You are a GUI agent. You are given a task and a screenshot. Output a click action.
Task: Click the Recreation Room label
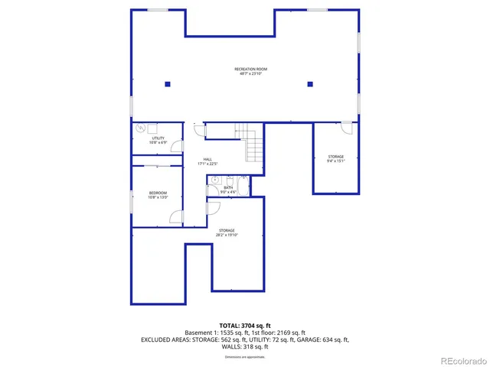(250, 71)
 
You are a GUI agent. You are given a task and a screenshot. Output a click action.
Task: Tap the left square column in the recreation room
(168, 84)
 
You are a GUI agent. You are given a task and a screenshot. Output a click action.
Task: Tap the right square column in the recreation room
(310, 84)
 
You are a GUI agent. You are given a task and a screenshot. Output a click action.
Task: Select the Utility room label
(158, 140)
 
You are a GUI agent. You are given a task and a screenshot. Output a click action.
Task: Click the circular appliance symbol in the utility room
(140, 129)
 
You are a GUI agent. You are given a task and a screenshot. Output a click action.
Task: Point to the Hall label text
(207, 161)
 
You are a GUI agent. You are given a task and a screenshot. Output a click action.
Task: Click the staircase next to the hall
(250, 145)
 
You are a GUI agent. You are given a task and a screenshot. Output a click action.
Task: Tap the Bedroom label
(158, 195)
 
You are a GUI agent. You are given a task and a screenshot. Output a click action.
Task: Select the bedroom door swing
(176, 216)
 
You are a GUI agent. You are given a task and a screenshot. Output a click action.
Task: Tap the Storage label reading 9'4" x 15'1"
(335, 159)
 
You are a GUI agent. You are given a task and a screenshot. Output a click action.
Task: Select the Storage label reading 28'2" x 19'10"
(227, 232)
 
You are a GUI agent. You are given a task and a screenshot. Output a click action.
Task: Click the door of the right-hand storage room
(348, 128)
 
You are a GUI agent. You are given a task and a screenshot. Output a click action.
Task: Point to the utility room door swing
(177, 145)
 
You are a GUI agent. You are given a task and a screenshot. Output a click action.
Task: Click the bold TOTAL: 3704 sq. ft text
(245, 326)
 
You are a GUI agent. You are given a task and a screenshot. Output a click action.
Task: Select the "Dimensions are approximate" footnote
(245, 356)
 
